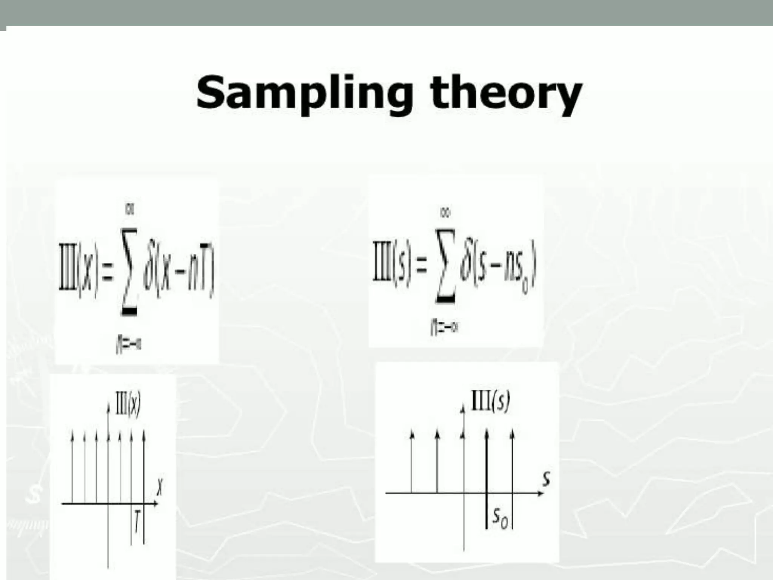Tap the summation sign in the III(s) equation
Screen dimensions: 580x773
pyautogui.click(x=445, y=265)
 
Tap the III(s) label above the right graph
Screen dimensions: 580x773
pyautogui.click(x=490, y=401)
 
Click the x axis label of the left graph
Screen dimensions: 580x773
pyautogui.click(x=160, y=487)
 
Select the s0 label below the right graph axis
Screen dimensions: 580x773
pyautogui.click(x=500, y=518)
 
